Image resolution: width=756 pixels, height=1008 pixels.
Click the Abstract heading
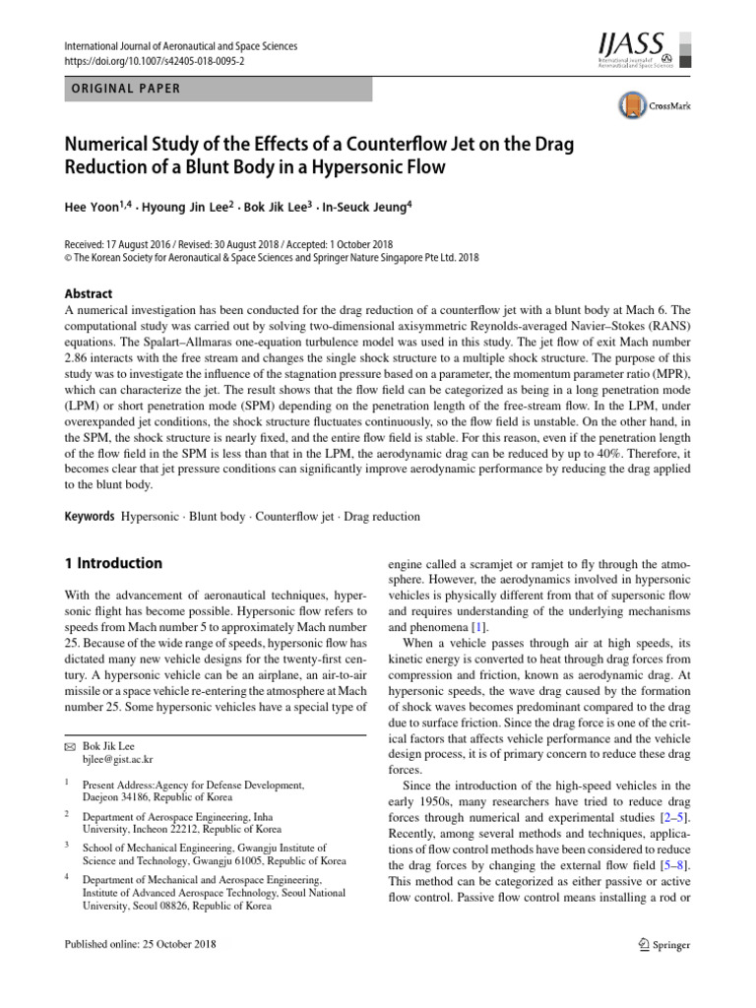coord(89,293)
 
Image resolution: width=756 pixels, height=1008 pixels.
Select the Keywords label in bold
coord(89,516)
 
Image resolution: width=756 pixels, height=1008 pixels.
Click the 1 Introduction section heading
coord(112,563)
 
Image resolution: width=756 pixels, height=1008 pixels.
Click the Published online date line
coord(139,944)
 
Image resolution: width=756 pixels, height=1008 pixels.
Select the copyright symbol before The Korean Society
coord(67,259)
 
